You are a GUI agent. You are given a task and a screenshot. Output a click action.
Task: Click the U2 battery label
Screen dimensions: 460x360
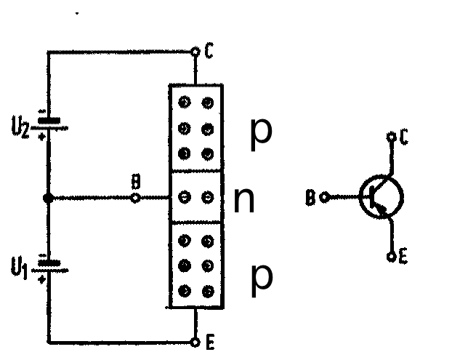click(20, 127)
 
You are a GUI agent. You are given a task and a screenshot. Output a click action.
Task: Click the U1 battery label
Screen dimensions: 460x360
click(19, 268)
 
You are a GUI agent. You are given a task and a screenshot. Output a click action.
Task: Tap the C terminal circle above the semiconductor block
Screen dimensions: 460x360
click(195, 52)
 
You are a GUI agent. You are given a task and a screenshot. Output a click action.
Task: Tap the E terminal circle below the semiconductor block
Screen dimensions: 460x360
click(195, 343)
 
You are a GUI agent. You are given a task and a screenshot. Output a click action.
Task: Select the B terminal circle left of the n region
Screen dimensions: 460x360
click(134, 199)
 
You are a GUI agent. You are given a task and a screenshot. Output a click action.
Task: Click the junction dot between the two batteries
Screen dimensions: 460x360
click(48, 199)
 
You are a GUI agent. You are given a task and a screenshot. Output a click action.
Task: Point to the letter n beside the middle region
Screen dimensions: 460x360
click(244, 200)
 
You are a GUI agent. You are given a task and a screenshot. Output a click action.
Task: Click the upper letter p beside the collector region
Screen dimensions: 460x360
click(262, 135)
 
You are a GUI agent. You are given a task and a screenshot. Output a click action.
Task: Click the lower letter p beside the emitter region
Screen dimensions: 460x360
click(262, 280)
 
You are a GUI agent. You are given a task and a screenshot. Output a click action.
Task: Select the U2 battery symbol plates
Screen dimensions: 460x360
click(49, 124)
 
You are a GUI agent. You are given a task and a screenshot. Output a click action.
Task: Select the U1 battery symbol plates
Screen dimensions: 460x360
click(49, 266)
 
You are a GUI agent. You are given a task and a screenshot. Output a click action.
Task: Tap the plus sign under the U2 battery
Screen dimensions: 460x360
click(42, 136)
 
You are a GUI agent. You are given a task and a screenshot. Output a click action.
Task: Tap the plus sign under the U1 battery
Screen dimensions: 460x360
click(42, 279)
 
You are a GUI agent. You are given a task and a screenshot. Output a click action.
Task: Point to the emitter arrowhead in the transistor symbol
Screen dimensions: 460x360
click(380, 208)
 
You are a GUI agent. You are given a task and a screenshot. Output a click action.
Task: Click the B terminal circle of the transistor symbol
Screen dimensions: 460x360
click(324, 197)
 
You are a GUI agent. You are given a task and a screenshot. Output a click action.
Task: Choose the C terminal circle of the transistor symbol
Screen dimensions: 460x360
click(391, 137)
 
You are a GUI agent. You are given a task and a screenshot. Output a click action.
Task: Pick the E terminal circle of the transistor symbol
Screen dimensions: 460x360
click(391, 257)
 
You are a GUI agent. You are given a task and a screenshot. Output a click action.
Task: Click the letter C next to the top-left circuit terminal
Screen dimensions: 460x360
click(209, 50)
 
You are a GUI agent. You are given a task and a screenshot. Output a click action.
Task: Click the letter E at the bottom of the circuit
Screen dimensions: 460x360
click(210, 342)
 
